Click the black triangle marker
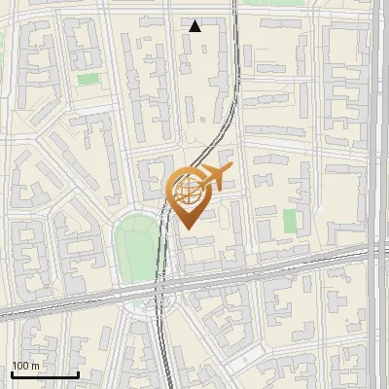(195, 26)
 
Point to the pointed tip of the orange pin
(187, 228)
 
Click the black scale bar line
(45, 374)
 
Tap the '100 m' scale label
(25, 366)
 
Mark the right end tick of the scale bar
(78, 373)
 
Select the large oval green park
(135, 247)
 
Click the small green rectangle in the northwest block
(88, 79)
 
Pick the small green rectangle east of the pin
(290, 221)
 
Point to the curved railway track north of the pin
(229, 117)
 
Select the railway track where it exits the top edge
(236, 4)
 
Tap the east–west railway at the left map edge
(4, 313)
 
